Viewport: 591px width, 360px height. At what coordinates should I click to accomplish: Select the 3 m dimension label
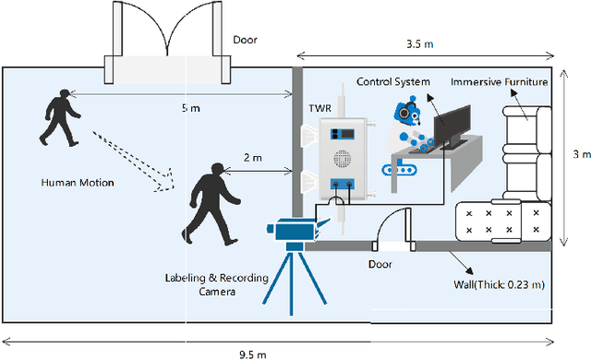575,154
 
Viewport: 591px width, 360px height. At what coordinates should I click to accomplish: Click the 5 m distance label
190,108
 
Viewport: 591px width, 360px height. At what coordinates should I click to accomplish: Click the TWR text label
320,108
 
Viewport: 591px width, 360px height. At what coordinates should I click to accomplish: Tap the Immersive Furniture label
499,81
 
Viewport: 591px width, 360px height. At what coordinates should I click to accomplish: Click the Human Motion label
78,182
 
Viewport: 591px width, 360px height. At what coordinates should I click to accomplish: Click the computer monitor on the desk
452,126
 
